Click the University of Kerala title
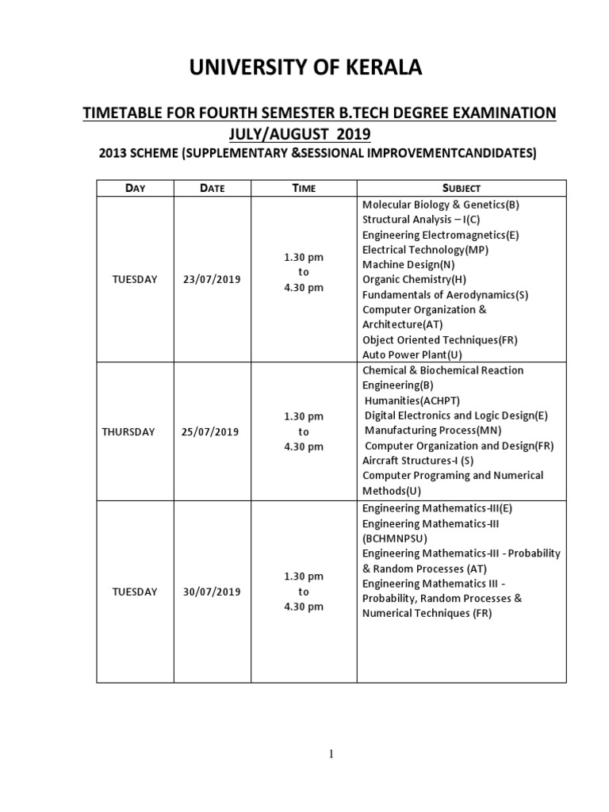305,70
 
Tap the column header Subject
462,188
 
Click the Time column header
304,188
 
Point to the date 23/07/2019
213,280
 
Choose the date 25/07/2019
213,431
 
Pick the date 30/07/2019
213,592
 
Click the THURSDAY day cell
128,431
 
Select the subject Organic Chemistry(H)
414,279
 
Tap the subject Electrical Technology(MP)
426,249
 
